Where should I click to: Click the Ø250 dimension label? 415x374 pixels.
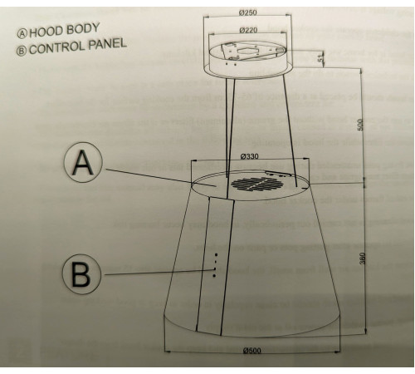(247, 12)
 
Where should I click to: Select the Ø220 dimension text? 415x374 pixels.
(248, 30)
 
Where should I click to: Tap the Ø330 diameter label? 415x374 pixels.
(249, 156)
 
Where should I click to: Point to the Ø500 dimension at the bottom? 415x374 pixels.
(252, 351)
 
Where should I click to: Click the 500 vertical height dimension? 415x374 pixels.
(359, 125)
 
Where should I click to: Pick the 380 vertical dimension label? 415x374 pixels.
(364, 258)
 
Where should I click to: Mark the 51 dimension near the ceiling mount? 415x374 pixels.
(320, 59)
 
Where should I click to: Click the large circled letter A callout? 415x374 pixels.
(83, 162)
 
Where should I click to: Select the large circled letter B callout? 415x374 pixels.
(81, 274)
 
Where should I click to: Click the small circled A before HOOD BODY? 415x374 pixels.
(22, 34)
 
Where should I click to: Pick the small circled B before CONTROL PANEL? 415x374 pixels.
(21, 51)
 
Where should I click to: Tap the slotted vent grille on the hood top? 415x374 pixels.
(256, 184)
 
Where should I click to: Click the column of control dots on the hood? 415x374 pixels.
(215, 265)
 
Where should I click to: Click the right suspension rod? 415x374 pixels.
(290, 130)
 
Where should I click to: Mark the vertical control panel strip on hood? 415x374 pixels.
(215, 266)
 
